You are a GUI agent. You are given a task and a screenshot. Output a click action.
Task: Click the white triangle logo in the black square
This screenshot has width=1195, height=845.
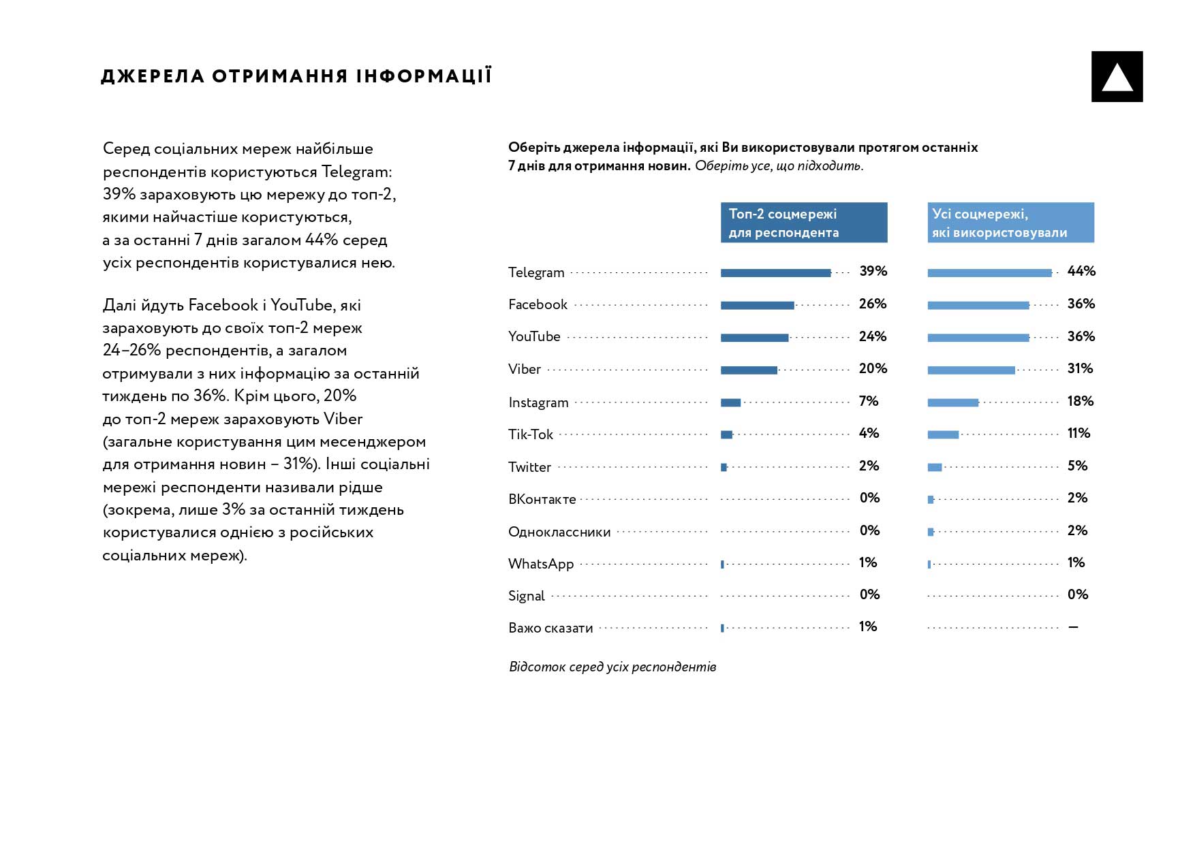coord(1117,77)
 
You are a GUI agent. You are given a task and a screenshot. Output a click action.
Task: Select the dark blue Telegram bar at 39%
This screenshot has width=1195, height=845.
coord(775,273)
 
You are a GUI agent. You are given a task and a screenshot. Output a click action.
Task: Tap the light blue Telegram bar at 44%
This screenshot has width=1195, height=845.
coord(989,273)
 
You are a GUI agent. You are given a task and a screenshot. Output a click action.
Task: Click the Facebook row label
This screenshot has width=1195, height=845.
coord(538,304)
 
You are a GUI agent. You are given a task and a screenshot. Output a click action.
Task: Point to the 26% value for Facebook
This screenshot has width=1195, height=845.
coord(872,304)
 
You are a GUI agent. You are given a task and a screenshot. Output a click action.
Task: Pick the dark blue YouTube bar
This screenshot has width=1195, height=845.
coord(754,338)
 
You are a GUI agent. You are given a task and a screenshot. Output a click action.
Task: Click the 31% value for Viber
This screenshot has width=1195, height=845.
coord(1080,368)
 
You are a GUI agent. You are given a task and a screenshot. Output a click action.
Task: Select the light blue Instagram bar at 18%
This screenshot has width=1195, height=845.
coord(952,402)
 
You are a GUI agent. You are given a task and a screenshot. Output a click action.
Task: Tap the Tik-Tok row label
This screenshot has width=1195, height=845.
coord(530,434)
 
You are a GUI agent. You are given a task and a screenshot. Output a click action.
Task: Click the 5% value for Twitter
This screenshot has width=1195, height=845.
coord(1077,466)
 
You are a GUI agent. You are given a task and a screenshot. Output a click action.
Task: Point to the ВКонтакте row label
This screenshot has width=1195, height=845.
coord(542,499)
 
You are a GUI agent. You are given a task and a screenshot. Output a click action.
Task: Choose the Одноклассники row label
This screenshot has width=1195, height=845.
coord(559,532)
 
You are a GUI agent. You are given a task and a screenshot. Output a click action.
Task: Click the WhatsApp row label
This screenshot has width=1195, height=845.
coord(541,564)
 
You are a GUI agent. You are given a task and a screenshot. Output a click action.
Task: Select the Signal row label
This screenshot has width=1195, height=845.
coord(526,596)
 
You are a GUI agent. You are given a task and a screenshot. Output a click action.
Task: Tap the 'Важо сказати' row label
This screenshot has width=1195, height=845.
coord(550,628)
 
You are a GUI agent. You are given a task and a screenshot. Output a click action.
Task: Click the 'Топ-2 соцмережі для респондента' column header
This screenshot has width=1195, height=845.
coord(804,223)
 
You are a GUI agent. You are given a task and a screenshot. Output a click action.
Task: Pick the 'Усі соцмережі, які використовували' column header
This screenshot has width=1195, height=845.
coord(1010,223)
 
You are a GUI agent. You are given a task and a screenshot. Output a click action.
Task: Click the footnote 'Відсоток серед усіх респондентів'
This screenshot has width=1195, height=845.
coord(612,667)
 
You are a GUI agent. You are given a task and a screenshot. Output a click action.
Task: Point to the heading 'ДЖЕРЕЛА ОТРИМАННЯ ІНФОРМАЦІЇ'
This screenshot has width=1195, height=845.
coord(296,76)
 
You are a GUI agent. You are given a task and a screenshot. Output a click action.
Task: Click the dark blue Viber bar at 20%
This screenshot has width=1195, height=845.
coord(749,370)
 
